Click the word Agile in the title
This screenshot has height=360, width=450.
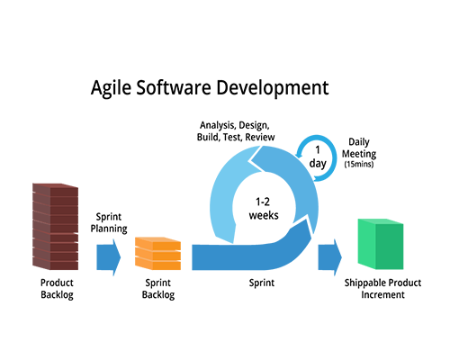[111, 88]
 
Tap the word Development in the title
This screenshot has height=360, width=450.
[273, 88]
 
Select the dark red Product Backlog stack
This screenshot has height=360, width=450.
[56, 227]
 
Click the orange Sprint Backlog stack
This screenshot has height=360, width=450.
[157, 254]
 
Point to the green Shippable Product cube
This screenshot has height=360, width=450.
[381, 244]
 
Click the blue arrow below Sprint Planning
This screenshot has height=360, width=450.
[109, 257]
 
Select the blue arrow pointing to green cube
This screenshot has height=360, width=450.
[330, 257]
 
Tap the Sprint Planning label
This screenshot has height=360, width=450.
[109, 222]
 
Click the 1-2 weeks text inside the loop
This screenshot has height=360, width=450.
[264, 209]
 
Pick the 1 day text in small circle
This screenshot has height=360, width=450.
[318, 157]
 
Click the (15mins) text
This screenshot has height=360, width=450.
[359, 164]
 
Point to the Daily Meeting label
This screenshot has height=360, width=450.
[359, 148]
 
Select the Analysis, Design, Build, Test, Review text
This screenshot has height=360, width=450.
[236, 131]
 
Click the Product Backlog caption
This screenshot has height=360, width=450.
[57, 289]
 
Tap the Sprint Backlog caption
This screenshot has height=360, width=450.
[158, 289]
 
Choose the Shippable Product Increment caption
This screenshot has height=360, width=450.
[382, 289]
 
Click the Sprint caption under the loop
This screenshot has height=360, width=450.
[262, 283]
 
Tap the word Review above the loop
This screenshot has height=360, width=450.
[260, 137]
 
